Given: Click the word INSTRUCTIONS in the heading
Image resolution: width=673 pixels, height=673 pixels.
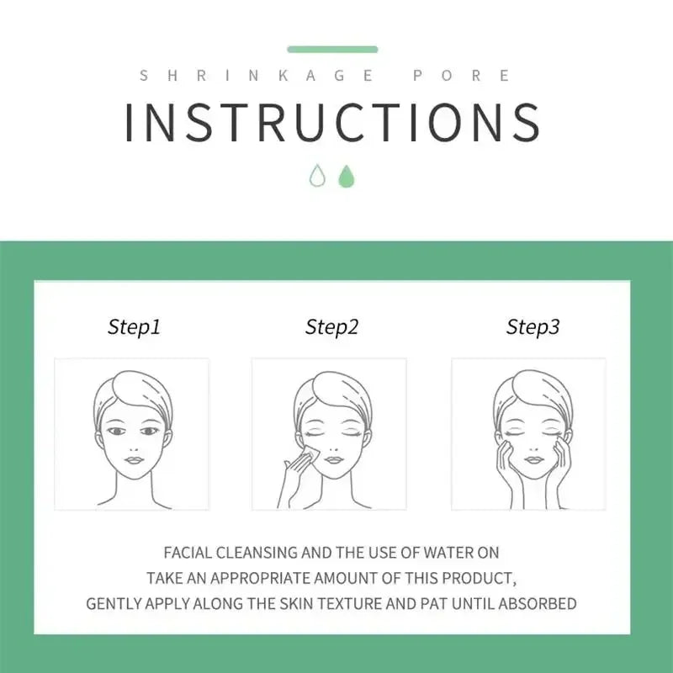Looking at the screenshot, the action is pyautogui.click(x=332, y=123).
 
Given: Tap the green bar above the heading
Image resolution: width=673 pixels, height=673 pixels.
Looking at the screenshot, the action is pyautogui.click(x=332, y=50).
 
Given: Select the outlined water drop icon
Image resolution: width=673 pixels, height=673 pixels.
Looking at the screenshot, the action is pyautogui.click(x=317, y=176).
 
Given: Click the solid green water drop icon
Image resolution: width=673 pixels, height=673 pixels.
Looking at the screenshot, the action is pyautogui.click(x=347, y=177).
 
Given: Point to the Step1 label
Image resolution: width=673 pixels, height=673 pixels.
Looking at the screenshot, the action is pyautogui.click(x=134, y=327).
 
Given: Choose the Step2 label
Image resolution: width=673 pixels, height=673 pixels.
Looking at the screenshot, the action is pyautogui.click(x=331, y=327).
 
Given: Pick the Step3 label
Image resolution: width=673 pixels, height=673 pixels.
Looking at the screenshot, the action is pyautogui.click(x=533, y=327).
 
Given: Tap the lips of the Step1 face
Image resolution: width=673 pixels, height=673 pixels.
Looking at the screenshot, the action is pyautogui.click(x=134, y=460).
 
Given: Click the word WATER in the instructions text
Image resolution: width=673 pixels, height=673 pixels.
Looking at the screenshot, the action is pyautogui.click(x=448, y=553).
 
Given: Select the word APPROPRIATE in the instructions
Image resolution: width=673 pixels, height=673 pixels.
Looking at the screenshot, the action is pyautogui.click(x=260, y=579).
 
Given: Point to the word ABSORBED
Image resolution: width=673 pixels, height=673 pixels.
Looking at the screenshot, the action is pyautogui.click(x=537, y=604).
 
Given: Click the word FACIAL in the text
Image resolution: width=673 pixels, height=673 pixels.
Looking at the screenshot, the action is pyautogui.click(x=188, y=553).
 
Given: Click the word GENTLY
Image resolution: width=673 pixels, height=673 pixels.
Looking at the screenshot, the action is pyautogui.click(x=114, y=604).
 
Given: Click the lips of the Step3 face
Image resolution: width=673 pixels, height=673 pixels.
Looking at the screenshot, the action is pyautogui.click(x=534, y=460).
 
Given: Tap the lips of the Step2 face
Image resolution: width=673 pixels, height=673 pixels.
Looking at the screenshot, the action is pyautogui.click(x=333, y=460).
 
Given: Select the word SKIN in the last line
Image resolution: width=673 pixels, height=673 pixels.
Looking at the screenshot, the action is pyautogui.click(x=296, y=604).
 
